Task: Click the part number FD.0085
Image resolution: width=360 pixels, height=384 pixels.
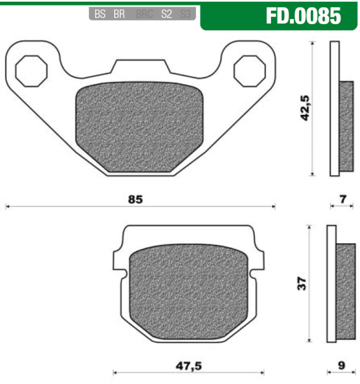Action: coord(303,16)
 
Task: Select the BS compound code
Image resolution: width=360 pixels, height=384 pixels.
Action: coord(100,15)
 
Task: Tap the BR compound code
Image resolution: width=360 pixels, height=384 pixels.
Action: coord(119,15)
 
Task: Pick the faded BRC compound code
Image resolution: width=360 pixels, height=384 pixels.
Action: coord(144,15)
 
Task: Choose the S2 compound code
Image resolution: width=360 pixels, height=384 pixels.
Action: coord(166,15)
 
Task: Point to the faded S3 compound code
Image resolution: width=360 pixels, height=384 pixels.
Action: coord(185,15)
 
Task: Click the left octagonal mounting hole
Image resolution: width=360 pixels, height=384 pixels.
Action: coord(31,71)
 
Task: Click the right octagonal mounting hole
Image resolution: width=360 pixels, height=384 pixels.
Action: coord(250,71)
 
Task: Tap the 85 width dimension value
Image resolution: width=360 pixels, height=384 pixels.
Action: coord(135,200)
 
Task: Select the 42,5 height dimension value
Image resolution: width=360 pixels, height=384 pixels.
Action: coord(306,108)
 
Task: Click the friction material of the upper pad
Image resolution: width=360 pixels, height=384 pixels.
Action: coord(139,127)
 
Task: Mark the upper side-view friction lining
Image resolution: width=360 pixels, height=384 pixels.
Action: coord(346,126)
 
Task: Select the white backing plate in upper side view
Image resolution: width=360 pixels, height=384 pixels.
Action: coord(335,109)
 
